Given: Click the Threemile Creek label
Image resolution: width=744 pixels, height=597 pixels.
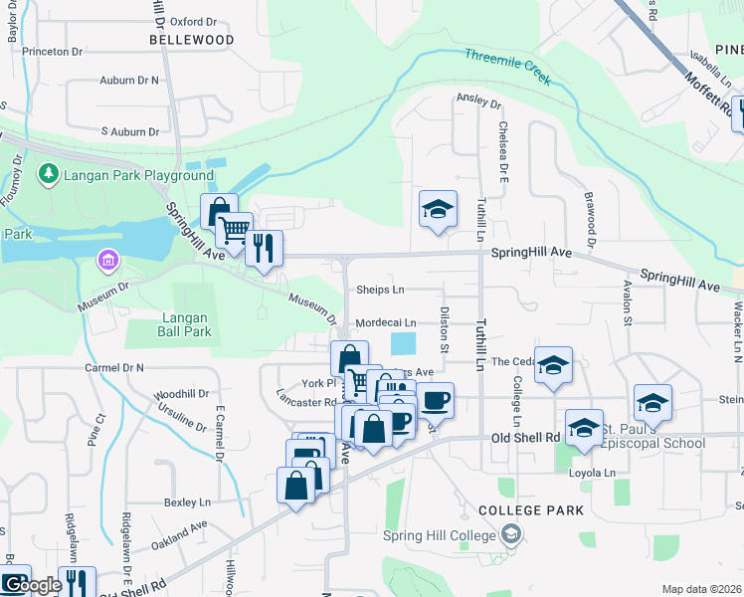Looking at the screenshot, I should (507, 68).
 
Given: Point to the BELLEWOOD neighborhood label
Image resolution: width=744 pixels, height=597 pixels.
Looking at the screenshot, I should (192, 40).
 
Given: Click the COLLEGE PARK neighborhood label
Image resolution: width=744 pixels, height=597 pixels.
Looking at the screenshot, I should (530, 509).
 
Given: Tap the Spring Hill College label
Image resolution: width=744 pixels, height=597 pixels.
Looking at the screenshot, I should (440, 536).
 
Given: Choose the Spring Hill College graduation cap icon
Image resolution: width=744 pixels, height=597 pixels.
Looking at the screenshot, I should (511, 535).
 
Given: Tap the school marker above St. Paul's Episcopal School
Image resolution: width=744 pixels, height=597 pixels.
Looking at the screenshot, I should (652, 402).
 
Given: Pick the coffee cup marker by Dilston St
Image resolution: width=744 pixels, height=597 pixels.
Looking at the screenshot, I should (435, 401).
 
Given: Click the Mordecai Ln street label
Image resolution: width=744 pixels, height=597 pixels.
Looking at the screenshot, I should (385, 322).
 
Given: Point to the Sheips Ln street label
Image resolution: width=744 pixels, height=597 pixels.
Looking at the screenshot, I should (380, 290).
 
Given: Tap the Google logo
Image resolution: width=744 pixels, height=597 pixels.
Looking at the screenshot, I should (32, 585).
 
